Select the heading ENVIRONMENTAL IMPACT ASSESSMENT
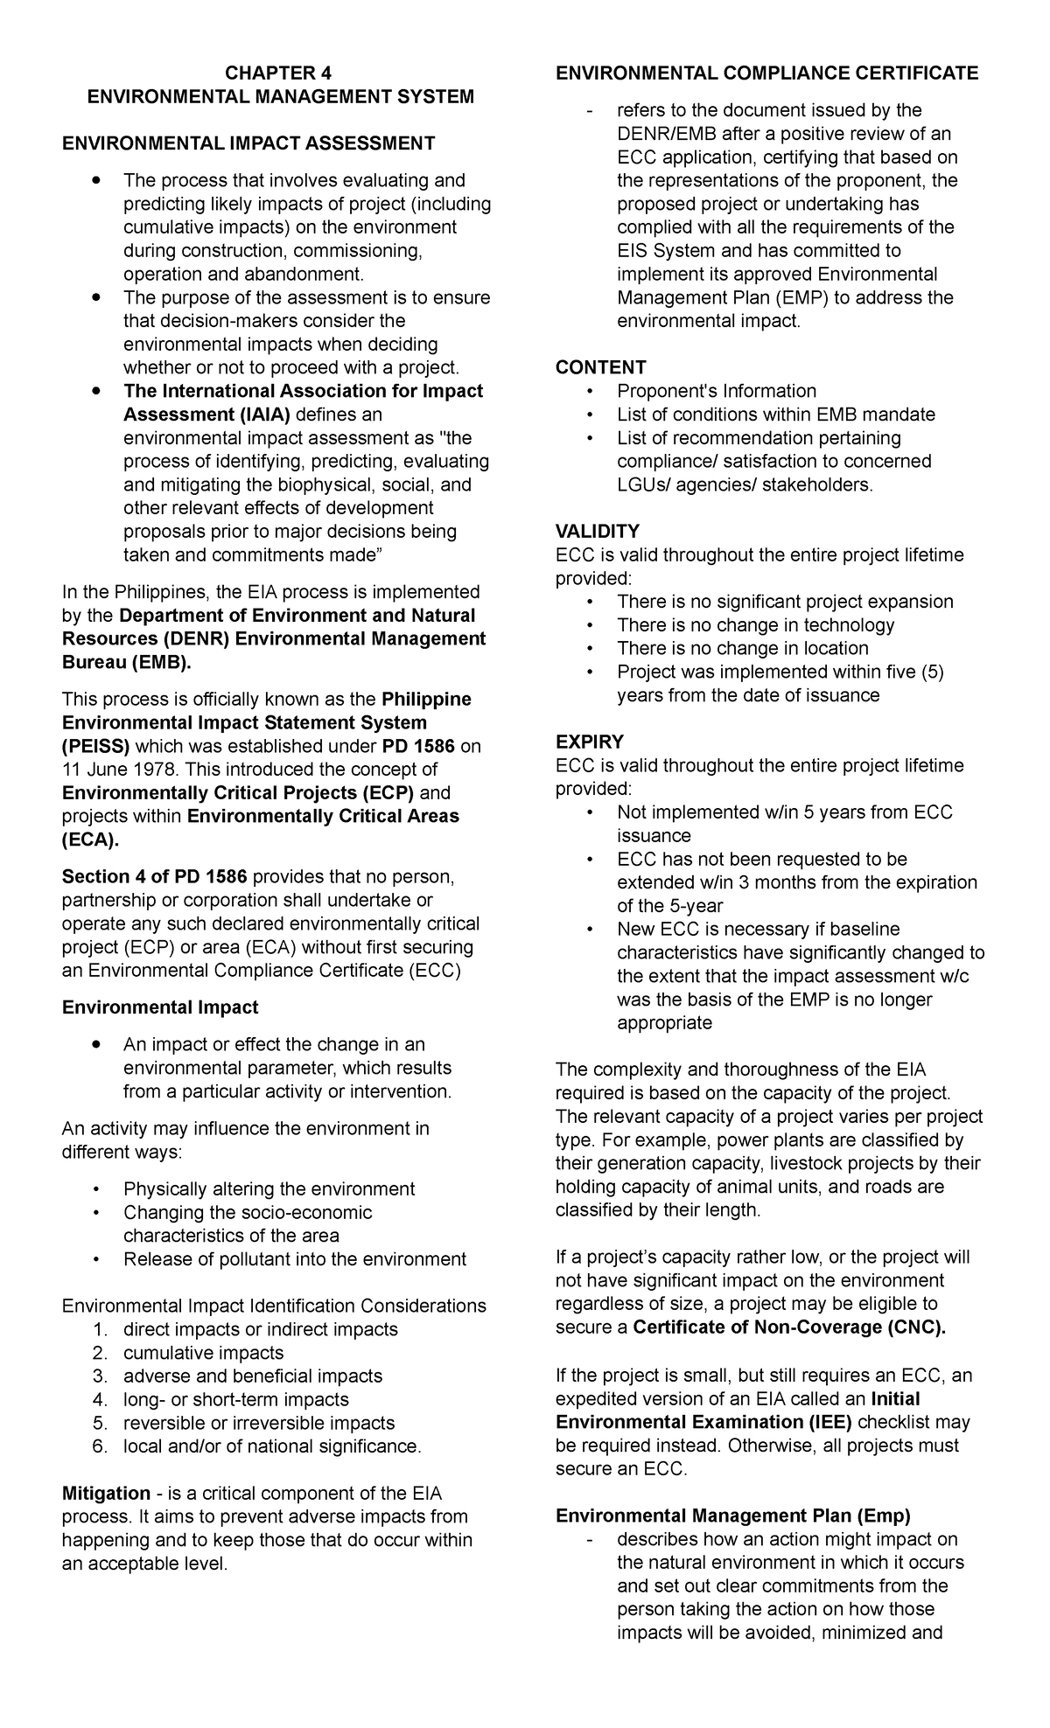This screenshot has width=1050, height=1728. tap(248, 143)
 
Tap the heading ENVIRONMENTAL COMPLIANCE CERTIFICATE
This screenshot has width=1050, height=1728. tap(766, 73)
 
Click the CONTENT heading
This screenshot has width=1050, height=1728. tap(600, 367)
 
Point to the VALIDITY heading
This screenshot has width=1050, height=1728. tap(598, 531)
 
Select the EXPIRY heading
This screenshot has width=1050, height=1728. tap(590, 742)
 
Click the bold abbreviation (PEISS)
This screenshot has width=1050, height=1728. tap(95, 746)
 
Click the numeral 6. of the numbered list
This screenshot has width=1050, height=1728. tap(99, 1446)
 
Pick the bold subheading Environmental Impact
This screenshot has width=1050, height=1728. tap(159, 1007)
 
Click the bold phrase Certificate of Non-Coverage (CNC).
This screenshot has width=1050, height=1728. tap(789, 1327)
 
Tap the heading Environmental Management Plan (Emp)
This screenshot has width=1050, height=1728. tap(733, 1515)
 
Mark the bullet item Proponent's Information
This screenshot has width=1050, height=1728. tap(716, 391)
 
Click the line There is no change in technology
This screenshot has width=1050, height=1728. tap(755, 624)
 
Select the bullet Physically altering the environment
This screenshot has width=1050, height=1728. tap(269, 1188)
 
